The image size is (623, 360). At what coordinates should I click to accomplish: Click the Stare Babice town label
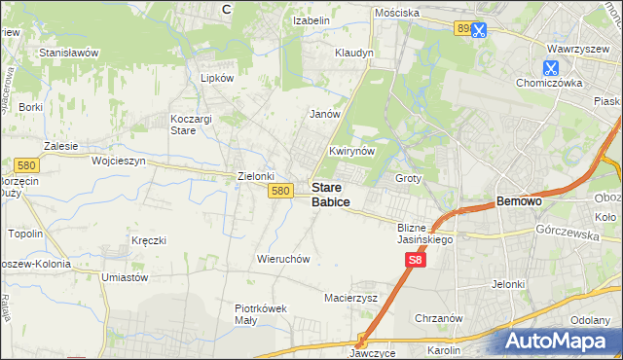pyautogui.click(x=331, y=195)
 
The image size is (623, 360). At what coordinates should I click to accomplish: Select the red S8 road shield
pyautogui.click(x=416, y=260)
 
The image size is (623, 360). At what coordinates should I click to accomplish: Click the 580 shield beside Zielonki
pyautogui.click(x=281, y=191)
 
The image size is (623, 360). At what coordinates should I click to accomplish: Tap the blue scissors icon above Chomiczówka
pyautogui.click(x=550, y=67)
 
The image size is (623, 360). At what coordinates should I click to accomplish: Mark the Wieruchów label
pyautogui.click(x=283, y=260)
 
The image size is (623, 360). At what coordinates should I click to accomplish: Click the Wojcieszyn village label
pyautogui.click(x=118, y=161)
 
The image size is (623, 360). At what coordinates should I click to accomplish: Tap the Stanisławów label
pyautogui.click(x=69, y=53)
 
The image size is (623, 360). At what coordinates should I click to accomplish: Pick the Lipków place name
pyautogui.click(x=216, y=78)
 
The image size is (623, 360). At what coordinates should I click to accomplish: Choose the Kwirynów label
pyautogui.click(x=352, y=152)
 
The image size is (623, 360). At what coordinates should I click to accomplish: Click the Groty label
pyautogui.click(x=408, y=179)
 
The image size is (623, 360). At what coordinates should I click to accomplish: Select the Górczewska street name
pyautogui.click(x=565, y=232)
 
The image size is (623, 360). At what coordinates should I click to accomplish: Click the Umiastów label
pyautogui.click(x=124, y=277)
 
